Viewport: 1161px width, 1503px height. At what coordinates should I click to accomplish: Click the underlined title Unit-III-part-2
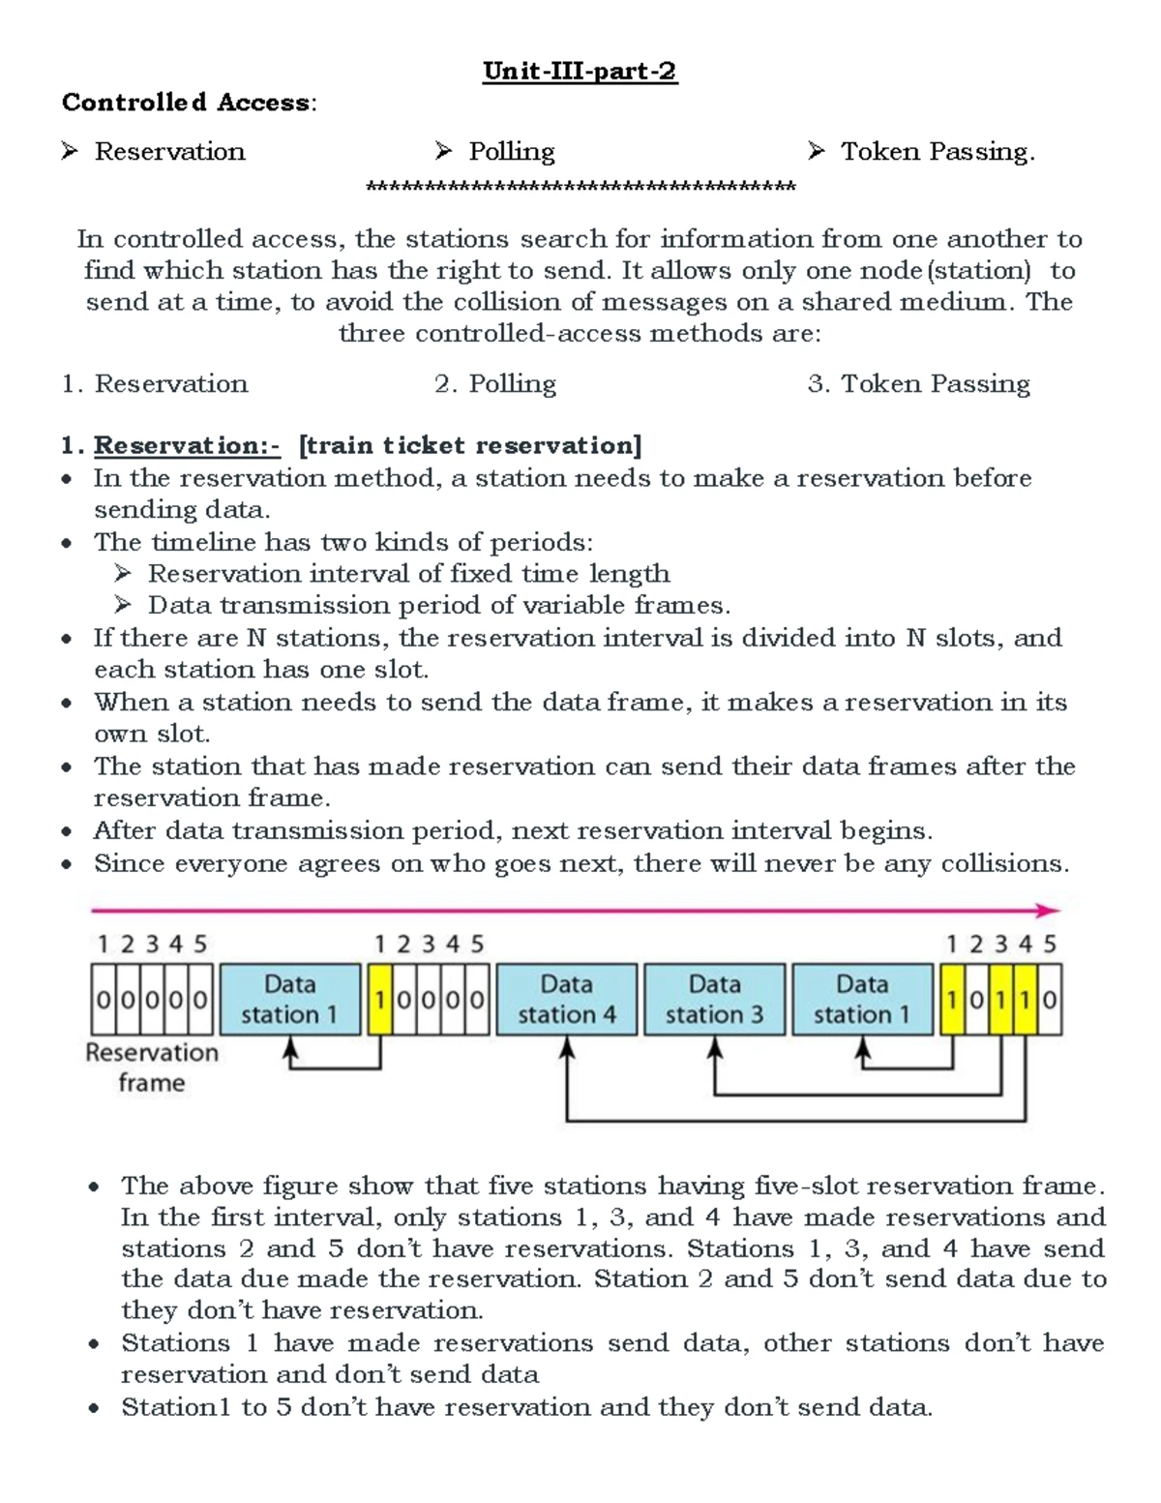[580, 72]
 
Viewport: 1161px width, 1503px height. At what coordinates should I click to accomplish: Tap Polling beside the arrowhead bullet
[511, 152]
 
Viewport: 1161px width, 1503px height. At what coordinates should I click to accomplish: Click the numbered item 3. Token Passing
[918, 384]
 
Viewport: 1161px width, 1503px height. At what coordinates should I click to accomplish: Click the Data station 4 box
[567, 1000]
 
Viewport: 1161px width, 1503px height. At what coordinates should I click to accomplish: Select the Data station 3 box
[715, 1000]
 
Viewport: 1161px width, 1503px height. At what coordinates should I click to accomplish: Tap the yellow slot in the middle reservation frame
[380, 1000]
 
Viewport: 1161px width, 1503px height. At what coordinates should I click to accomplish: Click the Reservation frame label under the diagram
[152, 1067]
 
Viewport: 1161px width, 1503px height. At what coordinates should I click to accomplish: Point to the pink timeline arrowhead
[1050, 911]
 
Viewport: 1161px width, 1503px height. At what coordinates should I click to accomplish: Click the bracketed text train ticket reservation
[470, 446]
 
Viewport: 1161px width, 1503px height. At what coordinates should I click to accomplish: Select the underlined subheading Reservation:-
[187, 446]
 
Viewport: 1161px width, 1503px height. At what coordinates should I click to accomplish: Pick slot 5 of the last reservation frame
[1050, 1000]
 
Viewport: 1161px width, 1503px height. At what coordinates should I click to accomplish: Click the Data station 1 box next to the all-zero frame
[289, 1000]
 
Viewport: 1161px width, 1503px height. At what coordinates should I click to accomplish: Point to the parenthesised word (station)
[978, 271]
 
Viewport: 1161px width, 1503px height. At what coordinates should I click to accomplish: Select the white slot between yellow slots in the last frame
[977, 1000]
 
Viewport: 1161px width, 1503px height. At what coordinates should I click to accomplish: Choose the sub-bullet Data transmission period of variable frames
[438, 606]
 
